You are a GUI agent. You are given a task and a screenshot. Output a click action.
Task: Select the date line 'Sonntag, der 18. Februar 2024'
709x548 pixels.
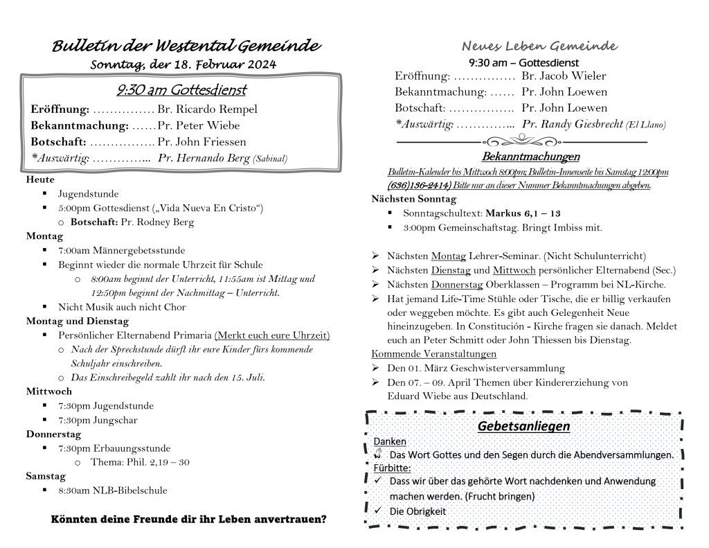tap(184, 64)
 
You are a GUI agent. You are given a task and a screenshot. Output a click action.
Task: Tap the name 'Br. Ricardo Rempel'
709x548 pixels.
tap(207, 109)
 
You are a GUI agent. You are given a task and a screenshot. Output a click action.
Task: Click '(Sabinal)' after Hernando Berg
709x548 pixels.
tap(269, 159)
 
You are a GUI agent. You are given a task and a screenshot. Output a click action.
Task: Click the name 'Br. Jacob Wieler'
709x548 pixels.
tap(564, 76)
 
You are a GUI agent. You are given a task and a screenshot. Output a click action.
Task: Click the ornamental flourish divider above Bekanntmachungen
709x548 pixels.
tap(521, 142)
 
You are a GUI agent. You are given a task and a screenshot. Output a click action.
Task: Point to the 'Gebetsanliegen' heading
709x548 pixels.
tap(523, 426)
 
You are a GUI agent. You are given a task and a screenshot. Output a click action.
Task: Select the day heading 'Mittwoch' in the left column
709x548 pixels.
tap(49, 391)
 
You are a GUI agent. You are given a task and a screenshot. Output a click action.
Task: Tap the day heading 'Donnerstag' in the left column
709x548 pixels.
tap(54, 434)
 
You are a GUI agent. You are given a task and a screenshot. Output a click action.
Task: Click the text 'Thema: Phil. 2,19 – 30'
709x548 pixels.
tap(140, 462)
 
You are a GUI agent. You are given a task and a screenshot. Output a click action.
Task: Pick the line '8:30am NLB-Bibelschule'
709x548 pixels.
tap(113, 490)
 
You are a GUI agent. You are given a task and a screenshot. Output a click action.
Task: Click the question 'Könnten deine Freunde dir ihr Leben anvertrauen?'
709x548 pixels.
tap(189, 519)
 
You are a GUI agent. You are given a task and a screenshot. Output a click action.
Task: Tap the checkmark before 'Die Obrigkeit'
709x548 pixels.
tap(377, 511)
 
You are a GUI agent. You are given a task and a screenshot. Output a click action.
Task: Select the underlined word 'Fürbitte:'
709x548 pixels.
tap(392, 468)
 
